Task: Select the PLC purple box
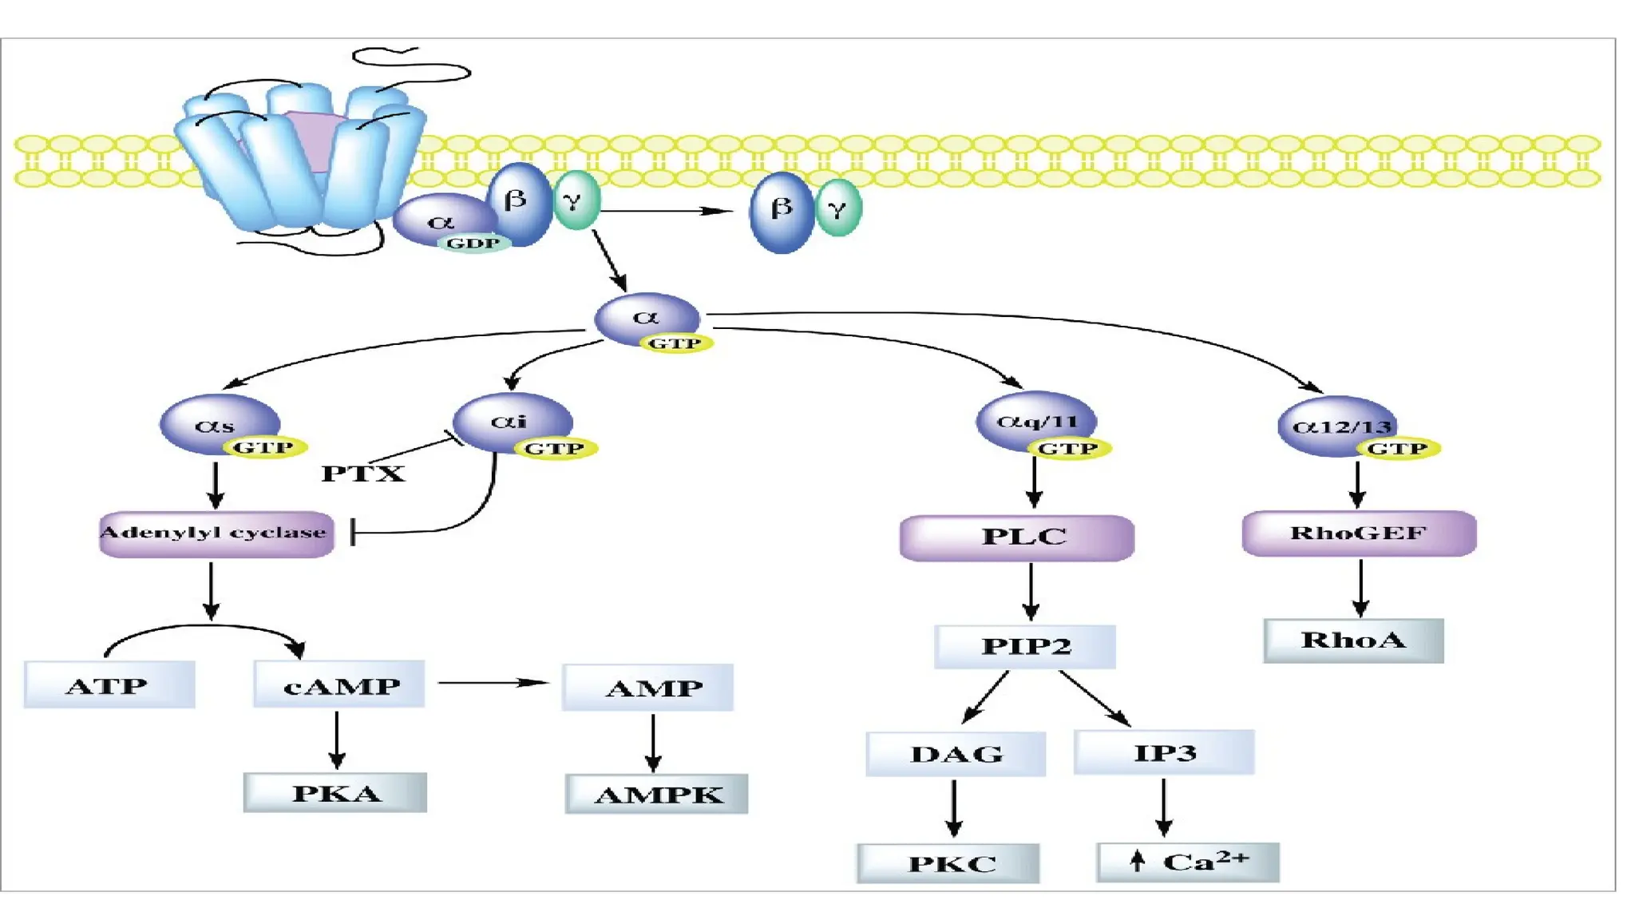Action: tap(1016, 537)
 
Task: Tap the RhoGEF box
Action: tap(1359, 533)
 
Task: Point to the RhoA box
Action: tap(1353, 640)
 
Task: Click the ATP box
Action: tap(109, 685)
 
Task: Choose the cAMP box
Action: tap(339, 684)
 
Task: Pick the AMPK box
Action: tap(656, 794)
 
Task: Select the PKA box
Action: tap(335, 792)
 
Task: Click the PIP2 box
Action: tap(1025, 646)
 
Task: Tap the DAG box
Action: tap(956, 754)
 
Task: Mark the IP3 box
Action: tap(1164, 752)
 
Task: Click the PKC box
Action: tap(948, 863)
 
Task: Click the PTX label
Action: tap(363, 474)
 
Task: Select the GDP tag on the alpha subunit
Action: tap(473, 244)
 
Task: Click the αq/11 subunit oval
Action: tap(1035, 421)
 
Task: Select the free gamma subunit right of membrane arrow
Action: tap(837, 209)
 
